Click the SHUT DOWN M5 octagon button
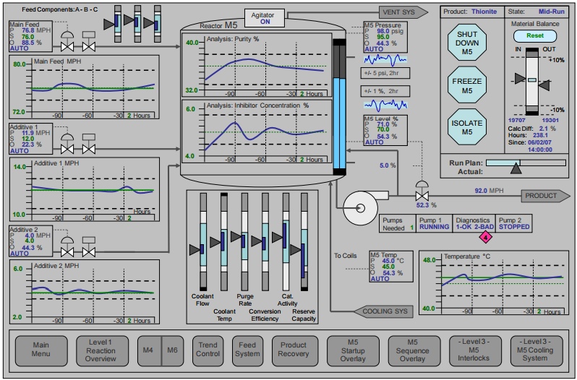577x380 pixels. point(467,43)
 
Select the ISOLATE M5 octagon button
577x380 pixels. point(467,127)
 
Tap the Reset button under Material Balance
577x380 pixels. point(535,35)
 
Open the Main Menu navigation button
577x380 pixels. point(41,350)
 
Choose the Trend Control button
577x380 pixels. point(208,350)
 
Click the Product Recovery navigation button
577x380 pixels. point(295,350)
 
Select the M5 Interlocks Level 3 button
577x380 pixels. point(476,350)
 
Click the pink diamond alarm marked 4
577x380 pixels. point(486,238)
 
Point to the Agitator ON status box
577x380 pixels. point(265,18)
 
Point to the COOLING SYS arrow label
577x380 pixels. point(383,311)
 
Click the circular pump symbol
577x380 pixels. point(360,208)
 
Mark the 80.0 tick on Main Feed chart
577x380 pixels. point(19,64)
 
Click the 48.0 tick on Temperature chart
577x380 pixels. point(429,260)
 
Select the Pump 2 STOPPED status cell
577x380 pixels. point(513,223)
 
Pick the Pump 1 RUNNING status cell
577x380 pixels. point(435,223)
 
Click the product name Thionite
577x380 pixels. point(484,12)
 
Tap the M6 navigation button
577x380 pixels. point(172,350)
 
